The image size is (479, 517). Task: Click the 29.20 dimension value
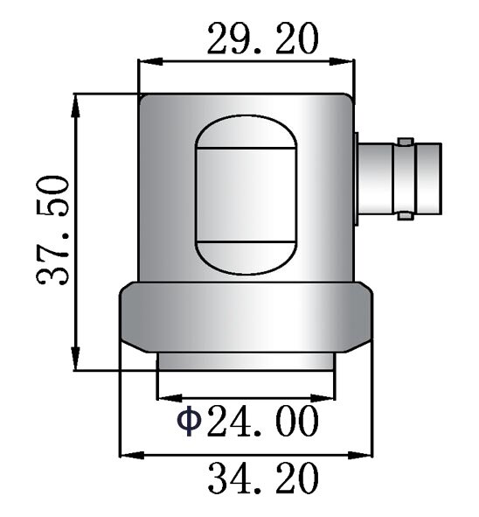pos(263,38)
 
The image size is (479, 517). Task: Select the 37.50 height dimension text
pos(53,230)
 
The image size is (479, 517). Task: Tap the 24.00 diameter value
pos(263,421)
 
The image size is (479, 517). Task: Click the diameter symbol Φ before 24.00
pos(189,421)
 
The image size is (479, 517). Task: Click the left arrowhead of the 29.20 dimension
pos(150,61)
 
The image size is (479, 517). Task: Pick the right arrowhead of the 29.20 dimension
pos(342,61)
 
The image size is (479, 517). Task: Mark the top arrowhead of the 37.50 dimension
pos(76,106)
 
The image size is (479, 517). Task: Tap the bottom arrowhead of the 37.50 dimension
pos(76,359)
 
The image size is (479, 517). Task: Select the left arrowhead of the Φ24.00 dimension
pos(170,398)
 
